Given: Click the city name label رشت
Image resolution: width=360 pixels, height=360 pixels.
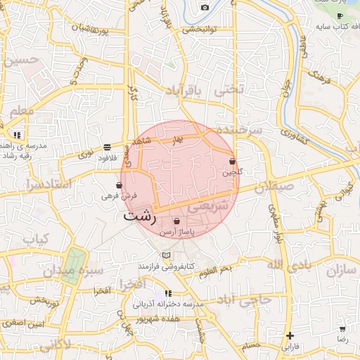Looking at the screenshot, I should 139,216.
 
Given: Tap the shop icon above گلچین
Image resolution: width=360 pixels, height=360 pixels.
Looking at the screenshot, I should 232,162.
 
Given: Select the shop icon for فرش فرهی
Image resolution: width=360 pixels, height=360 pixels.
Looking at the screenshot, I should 119,185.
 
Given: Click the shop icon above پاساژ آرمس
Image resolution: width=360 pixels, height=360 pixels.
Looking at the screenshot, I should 176,221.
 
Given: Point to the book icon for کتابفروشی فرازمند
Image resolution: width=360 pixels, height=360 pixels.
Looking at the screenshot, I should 166,255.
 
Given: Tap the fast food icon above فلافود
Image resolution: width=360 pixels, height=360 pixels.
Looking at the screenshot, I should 106,147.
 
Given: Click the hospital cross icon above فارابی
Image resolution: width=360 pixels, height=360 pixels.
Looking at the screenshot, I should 290,335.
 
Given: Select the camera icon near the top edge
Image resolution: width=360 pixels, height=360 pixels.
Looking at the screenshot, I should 205,7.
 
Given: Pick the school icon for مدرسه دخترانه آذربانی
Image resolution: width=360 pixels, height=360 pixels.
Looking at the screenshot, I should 168,293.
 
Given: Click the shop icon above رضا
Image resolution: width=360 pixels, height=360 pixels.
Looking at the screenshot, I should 342,329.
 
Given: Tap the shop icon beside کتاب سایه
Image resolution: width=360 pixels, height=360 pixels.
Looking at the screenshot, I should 340,15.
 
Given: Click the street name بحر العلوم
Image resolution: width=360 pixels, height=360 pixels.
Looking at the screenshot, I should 215,269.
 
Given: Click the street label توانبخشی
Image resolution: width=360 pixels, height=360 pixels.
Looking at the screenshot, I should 199,30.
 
